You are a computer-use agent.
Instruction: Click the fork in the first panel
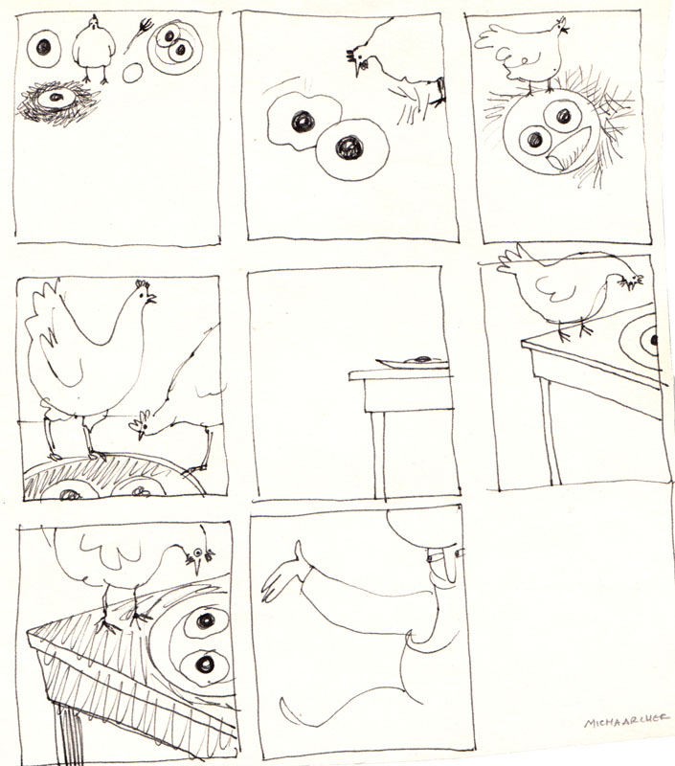pyautogui.click(x=139, y=34)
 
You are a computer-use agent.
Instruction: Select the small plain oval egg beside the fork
pyautogui.click(x=132, y=74)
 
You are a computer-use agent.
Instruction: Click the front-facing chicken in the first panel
pyautogui.click(x=94, y=49)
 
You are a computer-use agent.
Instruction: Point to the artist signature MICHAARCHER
pyautogui.click(x=626, y=720)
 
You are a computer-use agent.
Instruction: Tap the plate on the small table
pyautogui.click(x=413, y=362)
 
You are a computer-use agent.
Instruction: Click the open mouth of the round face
pyautogui.click(x=569, y=149)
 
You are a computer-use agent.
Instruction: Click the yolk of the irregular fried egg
pyautogui.click(x=303, y=122)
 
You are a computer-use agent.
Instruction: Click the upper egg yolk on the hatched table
pyautogui.click(x=206, y=620)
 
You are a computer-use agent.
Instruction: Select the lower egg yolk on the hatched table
pyautogui.click(x=205, y=664)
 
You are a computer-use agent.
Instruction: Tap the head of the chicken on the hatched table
pyautogui.click(x=199, y=555)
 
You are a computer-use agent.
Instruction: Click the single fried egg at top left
pyautogui.click(x=43, y=47)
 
